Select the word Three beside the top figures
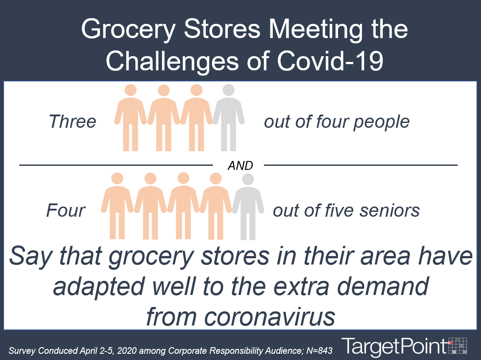73,122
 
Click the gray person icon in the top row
228,118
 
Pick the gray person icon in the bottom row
248,207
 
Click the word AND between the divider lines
240,165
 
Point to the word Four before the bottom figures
65,211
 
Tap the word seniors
389,211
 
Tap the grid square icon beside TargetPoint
458,345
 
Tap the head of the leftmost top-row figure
131,91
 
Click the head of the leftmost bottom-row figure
117,179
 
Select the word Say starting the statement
31,257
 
